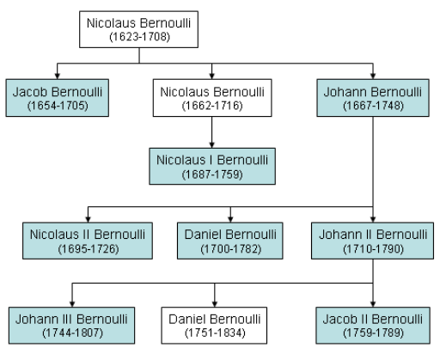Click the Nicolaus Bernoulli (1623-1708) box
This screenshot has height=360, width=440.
[138, 29]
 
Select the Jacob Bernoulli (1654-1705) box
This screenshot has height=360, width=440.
[58, 98]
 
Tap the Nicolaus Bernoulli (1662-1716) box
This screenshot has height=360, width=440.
[212, 98]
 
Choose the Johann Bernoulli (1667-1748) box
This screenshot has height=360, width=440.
[373, 98]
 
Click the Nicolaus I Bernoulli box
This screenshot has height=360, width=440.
[212, 166]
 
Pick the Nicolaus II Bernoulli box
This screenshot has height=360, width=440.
[88, 241]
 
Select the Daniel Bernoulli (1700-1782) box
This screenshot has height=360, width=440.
[230, 241]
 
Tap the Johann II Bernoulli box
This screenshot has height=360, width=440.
[373, 241]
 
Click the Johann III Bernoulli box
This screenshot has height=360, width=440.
[71, 326]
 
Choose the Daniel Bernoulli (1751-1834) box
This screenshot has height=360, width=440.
[214, 326]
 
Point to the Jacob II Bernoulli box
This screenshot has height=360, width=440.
[373, 326]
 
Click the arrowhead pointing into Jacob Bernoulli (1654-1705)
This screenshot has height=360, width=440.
[58, 76]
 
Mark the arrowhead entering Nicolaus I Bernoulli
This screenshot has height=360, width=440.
[212, 144]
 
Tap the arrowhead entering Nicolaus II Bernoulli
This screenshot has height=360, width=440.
[88, 219]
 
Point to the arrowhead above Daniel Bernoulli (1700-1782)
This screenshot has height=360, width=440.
[230, 219]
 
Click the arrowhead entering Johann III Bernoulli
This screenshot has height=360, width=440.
[72, 303]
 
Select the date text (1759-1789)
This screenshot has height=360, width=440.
[373, 333]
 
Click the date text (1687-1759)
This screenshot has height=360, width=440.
[212, 174]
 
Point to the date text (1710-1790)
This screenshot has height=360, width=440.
[373, 248]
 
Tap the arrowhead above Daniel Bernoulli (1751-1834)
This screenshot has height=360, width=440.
[215, 303]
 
